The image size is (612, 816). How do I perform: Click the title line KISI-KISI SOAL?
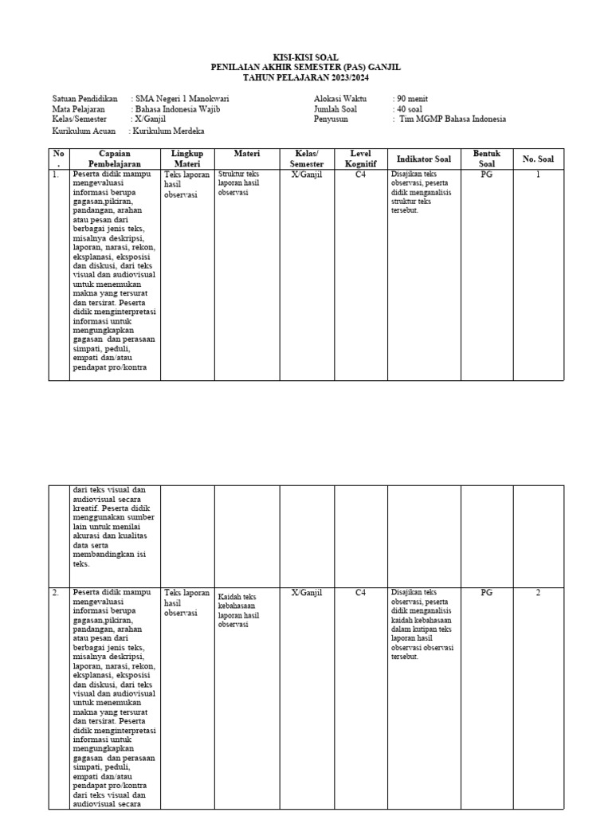point(306,58)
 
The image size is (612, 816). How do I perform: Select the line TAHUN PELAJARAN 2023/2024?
point(306,77)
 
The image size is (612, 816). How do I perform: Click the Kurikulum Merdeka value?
point(169,131)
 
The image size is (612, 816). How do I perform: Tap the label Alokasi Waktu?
point(340,99)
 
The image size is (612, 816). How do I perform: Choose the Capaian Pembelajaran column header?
point(115,159)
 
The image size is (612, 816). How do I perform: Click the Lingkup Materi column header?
point(187,159)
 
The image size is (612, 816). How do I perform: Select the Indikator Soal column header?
point(423,159)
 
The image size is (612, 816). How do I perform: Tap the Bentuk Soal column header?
point(486,159)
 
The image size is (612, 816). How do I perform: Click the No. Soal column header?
point(538,159)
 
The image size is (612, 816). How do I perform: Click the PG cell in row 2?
point(487,593)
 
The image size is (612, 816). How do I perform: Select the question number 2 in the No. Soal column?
point(538,593)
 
